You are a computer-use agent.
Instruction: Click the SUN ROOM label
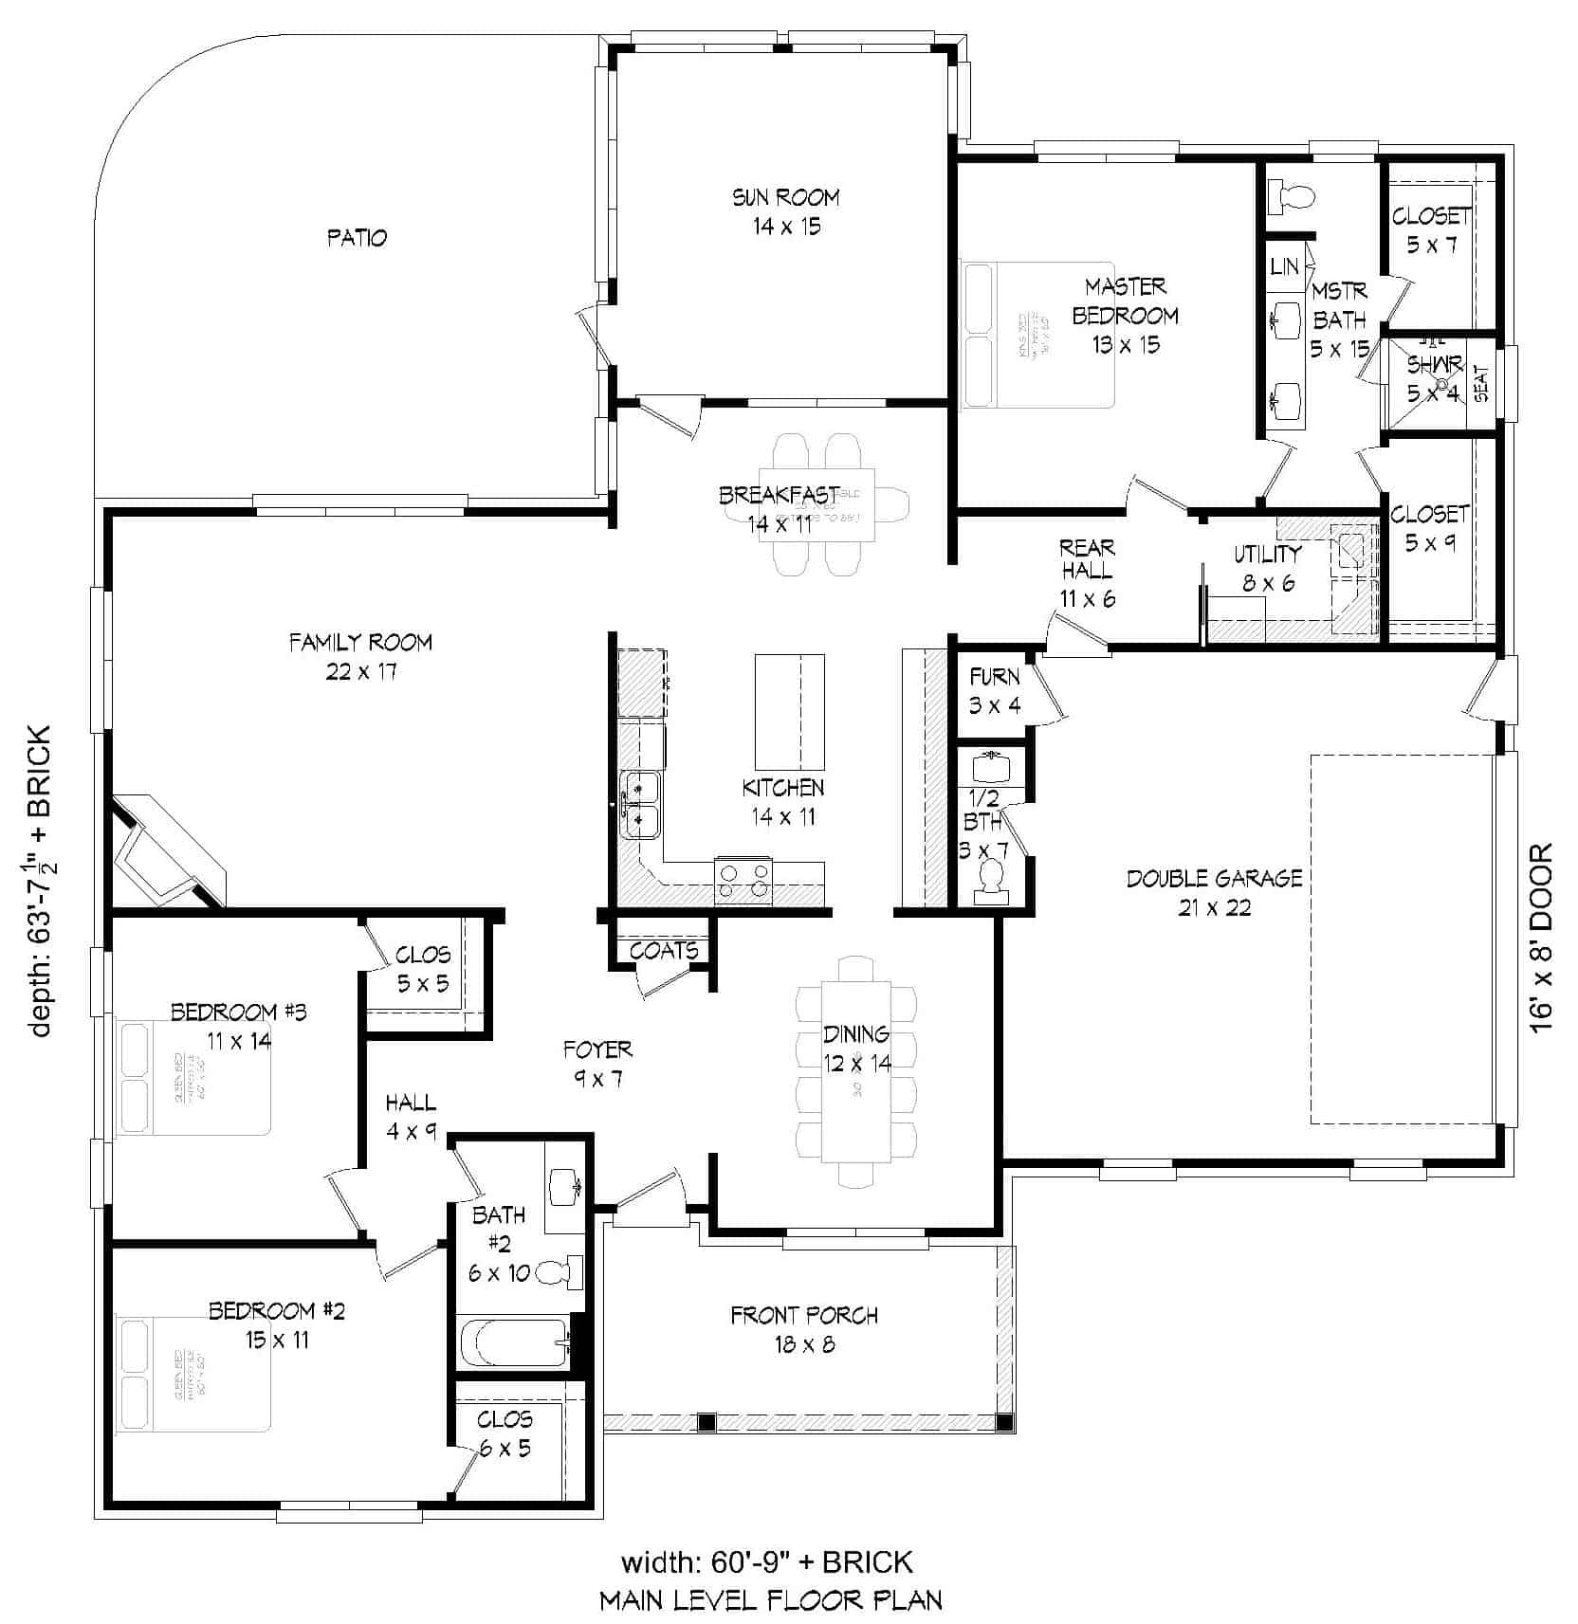coord(785,197)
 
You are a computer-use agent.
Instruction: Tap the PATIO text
coord(357,237)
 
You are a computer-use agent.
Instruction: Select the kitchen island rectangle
coord(789,711)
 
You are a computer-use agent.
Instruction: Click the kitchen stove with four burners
coord(743,881)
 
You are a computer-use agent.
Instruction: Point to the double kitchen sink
coord(640,805)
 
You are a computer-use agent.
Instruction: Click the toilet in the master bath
coord(1292,196)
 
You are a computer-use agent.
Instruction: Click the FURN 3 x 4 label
coord(994,690)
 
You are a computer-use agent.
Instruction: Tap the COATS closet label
coord(664,950)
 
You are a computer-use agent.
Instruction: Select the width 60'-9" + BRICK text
coord(766,1561)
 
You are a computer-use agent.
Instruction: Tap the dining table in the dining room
coord(856,1071)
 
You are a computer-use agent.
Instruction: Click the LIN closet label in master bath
coord(1284,266)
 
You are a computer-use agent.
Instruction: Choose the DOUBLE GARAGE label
coord(1214,878)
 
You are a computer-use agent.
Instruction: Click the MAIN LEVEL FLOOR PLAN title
coord(770,1601)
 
